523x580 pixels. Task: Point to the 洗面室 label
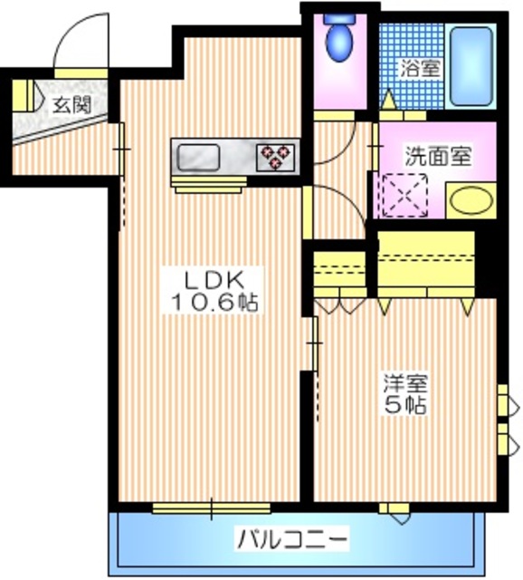437,155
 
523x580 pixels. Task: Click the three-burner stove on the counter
278,158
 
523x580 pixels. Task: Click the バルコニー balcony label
292,540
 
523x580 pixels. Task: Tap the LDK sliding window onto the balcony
212,508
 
